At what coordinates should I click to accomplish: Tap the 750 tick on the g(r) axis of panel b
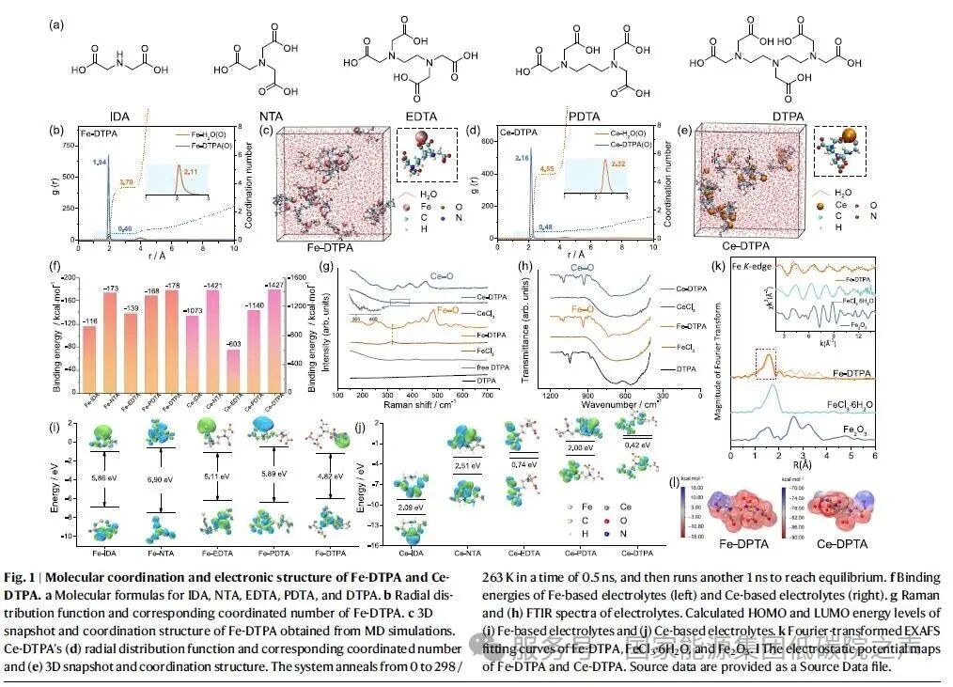(x=62, y=147)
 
